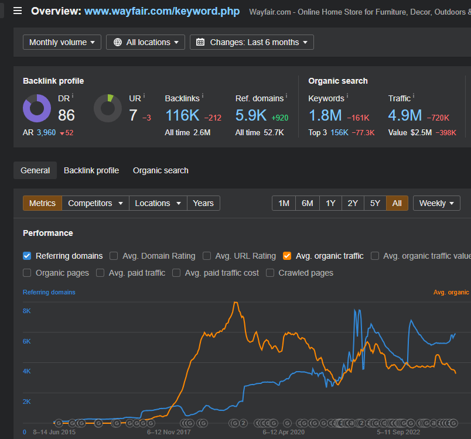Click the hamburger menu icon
[x=18, y=11]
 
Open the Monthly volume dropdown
[x=62, y=42]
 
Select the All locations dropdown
[x=145, y=42]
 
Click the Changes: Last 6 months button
[x=252, y=42]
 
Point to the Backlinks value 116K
[x=182, y=115]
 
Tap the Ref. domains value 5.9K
[x=251, y=115]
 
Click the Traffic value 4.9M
[x=405, y=115]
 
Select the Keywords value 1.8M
[x=325, y=115]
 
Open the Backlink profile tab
[x=91, y=170]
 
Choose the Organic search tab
[x=161, y=170]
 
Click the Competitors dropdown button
[x=95, y=203]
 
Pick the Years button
[x=203, y=203]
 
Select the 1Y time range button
[x=330, y=203]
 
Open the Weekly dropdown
[x=436, y=203]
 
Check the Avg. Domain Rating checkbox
[x=114, y=256]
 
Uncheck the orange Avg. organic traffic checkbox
[x=287, y=256]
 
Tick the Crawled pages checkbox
[x=270, y=273]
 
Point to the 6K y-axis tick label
[x=27, y=341]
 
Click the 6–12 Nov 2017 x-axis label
[x=169, y=432]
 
